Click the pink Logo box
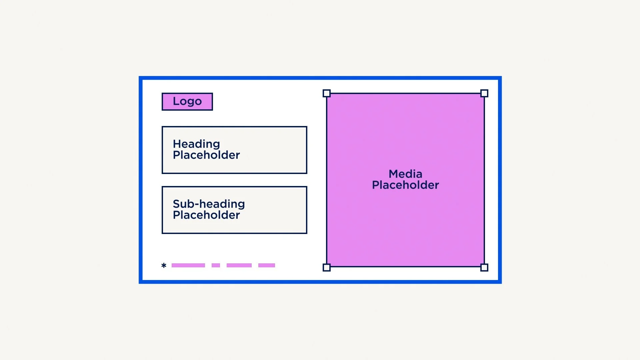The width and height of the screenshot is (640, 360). pos(187,102)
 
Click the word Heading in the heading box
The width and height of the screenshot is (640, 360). pos(196,144)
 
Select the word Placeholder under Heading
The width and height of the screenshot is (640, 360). pos(206,155)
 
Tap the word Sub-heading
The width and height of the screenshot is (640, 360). pos(209,204)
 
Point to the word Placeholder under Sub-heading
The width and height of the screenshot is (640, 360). pos(206,215)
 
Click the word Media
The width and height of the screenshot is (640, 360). pos(405,174)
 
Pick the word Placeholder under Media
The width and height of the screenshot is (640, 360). pos(405,185)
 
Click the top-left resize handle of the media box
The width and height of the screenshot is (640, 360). pos(327,93)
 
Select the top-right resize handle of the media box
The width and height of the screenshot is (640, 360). pos(484,93)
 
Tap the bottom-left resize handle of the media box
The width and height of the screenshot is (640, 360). pos(327,267)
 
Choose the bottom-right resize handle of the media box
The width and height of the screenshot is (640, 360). pos(484,267)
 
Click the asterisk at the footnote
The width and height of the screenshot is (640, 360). pos(164,265)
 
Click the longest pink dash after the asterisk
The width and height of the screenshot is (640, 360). pos(188,265)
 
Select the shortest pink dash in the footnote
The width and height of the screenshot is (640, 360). pos(216,265)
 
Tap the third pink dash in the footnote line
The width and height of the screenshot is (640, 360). pos(239,265)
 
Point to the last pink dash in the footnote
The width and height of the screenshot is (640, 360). pos(267,265)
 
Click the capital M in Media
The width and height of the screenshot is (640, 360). pos(394,174)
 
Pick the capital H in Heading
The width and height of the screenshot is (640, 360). pos(177,144)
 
